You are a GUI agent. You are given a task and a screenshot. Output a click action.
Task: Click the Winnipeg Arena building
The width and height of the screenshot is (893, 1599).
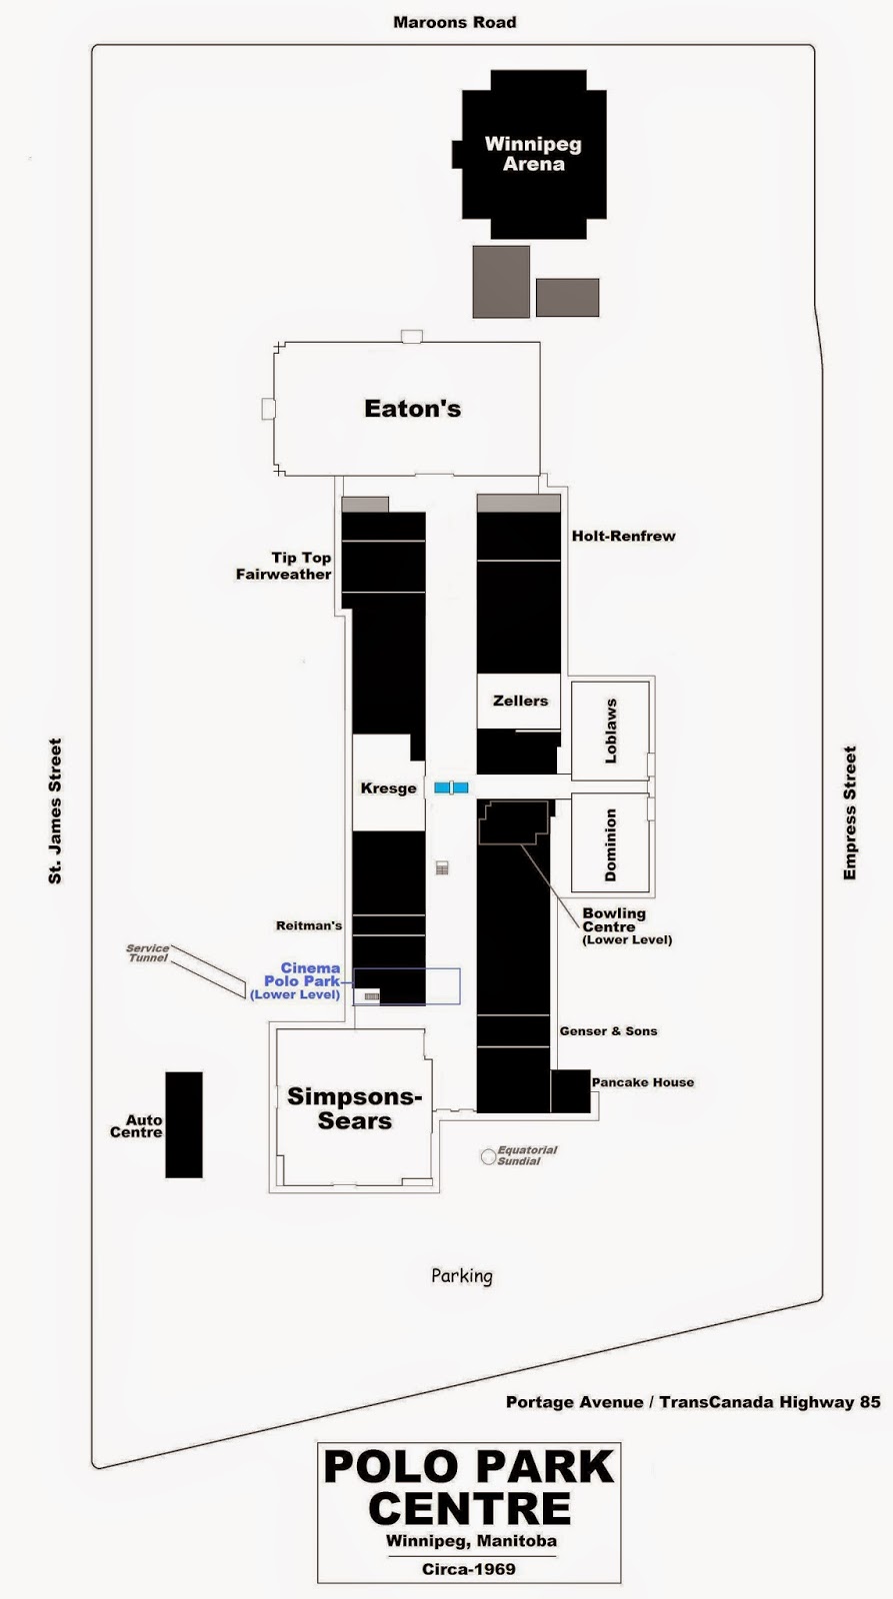[533, 154]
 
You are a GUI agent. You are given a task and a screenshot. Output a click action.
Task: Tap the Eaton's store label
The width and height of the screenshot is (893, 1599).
[412, 409]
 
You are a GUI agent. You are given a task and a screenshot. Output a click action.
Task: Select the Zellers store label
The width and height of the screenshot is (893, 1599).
[520, 701]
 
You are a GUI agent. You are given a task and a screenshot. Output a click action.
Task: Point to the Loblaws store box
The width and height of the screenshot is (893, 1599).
[610, 731]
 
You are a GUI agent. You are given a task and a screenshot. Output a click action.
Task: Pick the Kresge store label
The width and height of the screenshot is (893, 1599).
[388, 789]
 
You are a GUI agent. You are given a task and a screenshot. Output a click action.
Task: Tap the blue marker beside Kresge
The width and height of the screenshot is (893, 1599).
[451, 788]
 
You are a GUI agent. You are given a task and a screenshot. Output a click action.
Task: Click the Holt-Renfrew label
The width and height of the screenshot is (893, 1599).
[623, 536]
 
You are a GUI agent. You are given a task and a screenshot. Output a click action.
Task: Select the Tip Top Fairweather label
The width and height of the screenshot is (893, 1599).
[285, 566]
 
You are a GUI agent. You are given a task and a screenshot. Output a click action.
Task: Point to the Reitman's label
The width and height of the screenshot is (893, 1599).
[309, 925]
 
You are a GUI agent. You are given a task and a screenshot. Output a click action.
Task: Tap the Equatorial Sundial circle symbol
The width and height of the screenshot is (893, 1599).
[488, 1156]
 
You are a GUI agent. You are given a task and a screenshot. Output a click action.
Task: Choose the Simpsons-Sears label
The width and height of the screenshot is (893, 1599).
[354, 1108]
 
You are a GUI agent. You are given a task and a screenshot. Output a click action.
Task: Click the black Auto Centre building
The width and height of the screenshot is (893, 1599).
[184, 1124]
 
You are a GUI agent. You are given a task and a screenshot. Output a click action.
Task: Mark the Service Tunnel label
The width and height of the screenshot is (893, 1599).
[147, 952]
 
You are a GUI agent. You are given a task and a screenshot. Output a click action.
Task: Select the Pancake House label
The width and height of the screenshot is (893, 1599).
[642, 1082]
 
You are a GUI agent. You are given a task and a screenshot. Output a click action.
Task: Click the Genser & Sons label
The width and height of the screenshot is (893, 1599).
[608, 1030]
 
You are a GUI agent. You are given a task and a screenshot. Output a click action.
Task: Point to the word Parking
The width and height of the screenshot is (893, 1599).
[462, 1275]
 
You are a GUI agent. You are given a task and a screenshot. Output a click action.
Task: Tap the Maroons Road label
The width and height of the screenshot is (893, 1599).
[454, 22]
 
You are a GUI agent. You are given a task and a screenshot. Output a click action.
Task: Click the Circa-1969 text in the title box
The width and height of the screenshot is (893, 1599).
[468, 1569]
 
